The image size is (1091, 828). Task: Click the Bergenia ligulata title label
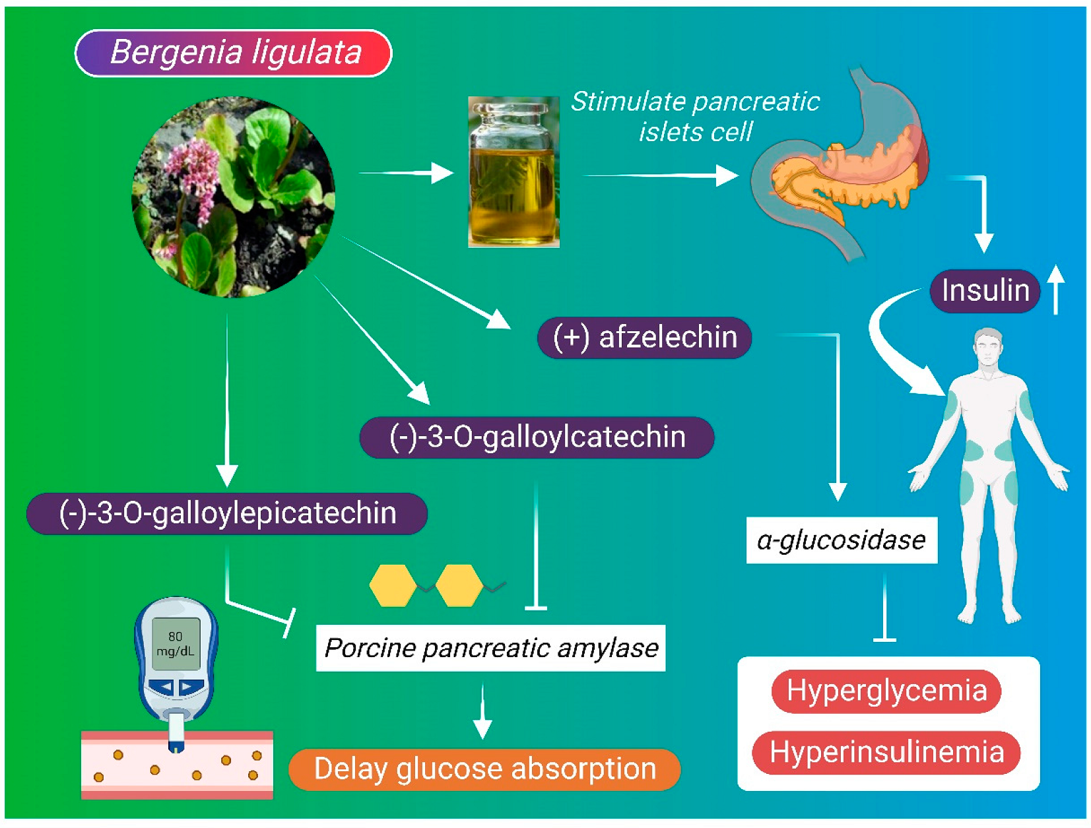click(233, 53)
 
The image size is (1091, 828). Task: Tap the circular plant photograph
click(233, 197)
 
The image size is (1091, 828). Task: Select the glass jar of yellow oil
click(513, 173)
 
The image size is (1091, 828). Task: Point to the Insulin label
click(985, 291)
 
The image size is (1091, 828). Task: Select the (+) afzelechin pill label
click(644, 338)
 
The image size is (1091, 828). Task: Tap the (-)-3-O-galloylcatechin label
click(537, 437)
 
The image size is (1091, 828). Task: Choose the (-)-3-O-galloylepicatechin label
click(227, 513)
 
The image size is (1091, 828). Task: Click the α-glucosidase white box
click(842, 540)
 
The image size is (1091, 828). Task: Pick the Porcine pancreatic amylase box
click(490, 648)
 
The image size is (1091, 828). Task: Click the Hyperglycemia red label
click(886, 691)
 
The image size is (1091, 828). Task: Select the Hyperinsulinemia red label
click(886, 753)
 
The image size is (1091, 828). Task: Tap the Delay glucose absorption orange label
click(484, 769)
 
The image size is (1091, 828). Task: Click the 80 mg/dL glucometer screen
click(176, 644)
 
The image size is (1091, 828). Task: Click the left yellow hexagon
click(393, 585)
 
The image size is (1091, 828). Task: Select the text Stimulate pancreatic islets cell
click(695, 117)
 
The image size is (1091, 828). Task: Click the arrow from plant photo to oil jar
click(406, 173)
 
